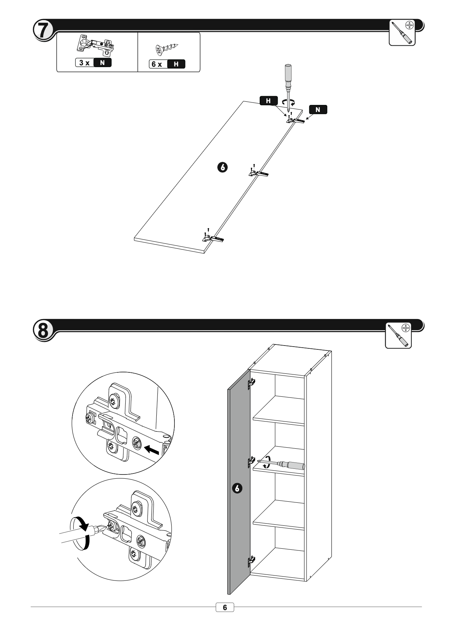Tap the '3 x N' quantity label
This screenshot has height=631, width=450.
93,63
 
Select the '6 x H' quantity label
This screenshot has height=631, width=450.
167,64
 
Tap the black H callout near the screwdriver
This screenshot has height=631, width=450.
269,101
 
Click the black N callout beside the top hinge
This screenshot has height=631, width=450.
318,110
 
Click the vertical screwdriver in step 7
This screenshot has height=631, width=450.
288,83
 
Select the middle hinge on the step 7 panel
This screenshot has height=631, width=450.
259,173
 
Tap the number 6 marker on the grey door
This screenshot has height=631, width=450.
237,489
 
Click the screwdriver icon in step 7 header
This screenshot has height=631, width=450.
402,33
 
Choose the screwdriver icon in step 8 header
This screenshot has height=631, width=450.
398,336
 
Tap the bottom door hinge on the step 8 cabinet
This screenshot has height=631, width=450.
252,560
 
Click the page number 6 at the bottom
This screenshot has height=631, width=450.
225,608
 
